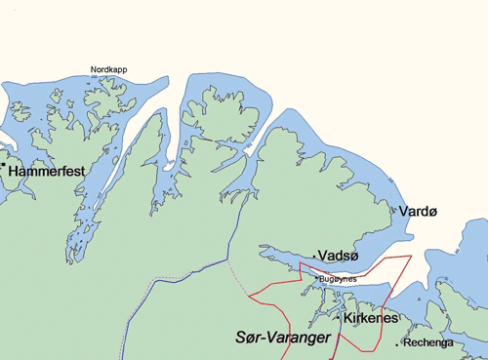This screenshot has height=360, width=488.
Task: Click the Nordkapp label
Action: (x=108, y=70)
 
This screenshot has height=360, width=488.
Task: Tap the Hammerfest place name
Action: (x=46, y=171)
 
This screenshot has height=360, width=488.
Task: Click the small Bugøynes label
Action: (x=338, y=278)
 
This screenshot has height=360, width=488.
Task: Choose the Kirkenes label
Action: (x=369, y=318)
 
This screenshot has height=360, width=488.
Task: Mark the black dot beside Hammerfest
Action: (x=4, y=167)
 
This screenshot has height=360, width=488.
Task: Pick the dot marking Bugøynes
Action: (x=315, y=277)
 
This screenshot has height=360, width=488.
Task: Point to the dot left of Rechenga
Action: (x=397, y=343)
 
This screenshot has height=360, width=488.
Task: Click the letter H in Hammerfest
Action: (x=14, y=171)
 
